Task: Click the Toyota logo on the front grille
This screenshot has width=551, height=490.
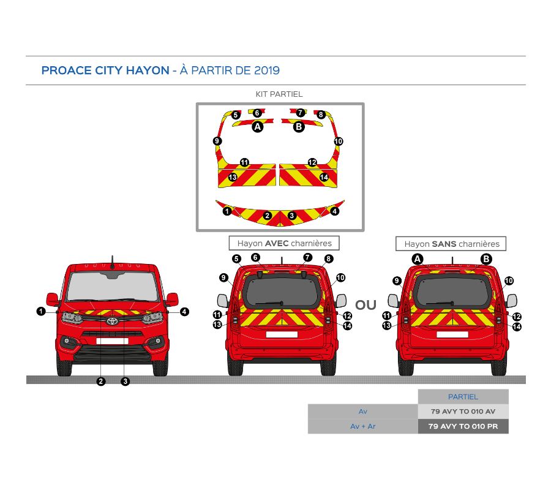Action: (x=112, y=322)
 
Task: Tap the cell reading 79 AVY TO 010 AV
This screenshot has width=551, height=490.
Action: (x=463, y=411)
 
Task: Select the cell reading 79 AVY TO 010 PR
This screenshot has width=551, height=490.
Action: (x=463, y=426)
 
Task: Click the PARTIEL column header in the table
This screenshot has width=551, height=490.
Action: (x=463, y=397)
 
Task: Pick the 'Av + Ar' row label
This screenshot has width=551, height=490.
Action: (x=363, y=426)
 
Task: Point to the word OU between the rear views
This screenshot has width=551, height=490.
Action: (x=366, y=305)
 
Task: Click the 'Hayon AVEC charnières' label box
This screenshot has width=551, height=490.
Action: (x=284, y=243)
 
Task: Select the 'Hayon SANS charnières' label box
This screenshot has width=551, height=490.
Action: (x=451, y=244)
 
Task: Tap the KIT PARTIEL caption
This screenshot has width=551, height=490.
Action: (x=279, y=94)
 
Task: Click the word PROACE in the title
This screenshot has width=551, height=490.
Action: (x=67, y=70)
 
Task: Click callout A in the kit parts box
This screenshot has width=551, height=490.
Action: (x=258, y=127)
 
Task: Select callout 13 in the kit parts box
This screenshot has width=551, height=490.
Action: (x=233, y=177)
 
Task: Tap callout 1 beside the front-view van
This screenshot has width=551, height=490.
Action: (x=41, y=311)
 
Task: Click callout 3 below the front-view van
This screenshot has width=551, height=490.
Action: (x=125, y=381)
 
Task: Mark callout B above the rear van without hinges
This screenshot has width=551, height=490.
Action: (x=486, y=259)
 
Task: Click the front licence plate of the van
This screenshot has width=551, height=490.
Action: (x=113, y=341)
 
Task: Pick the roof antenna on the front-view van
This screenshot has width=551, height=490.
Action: (x=113, y=262)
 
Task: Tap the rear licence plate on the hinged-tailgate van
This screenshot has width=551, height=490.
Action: (x=282, y=334)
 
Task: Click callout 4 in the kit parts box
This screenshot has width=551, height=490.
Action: (x=334, y=211)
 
